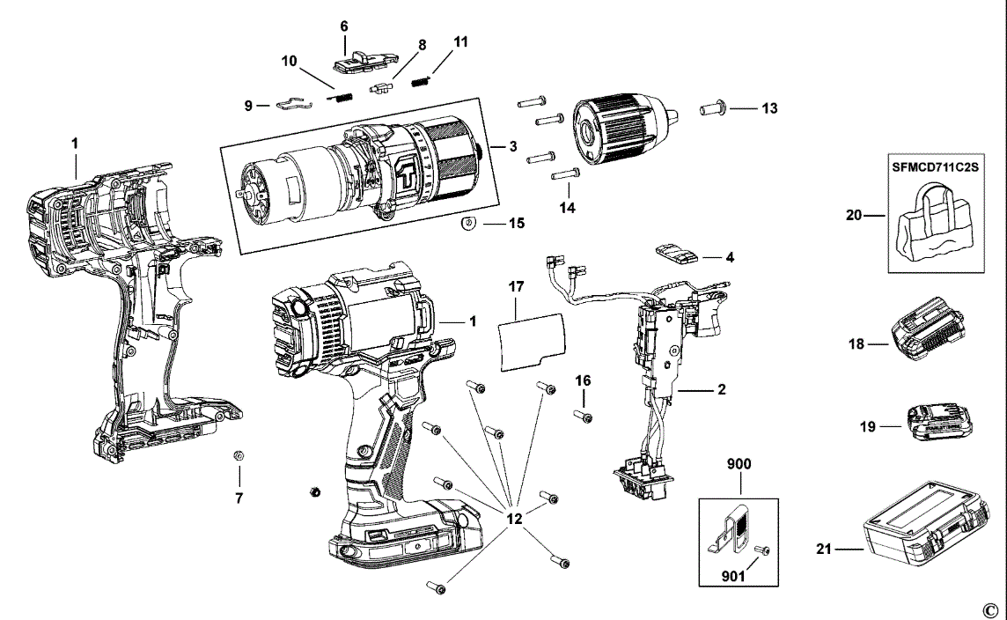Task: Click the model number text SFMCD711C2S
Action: click(x=935, y=165)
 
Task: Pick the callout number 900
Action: click(x=739, y=464)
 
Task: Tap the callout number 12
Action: click(x=514, y=519)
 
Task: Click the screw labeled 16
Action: click(x=582, y=416)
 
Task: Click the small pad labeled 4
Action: click(x=676, y=255)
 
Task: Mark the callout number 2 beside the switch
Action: click(x=721, y=387)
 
